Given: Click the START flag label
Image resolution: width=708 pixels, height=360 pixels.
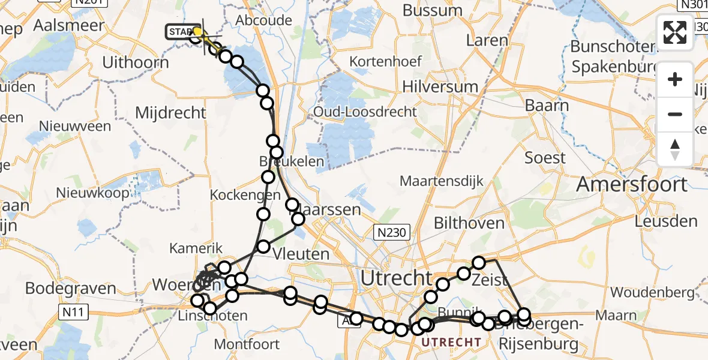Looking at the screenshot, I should pyautogui.click(x=180, y=31).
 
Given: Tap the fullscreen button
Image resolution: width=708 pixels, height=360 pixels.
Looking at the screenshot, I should pyautogui.click(x=675, y=32).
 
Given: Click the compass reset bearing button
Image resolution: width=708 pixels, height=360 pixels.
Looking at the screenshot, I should pyautogui.click(x=675, y=149).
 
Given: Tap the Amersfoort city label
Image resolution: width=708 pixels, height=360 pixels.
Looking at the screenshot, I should pyautogui.click(x=631, y=184).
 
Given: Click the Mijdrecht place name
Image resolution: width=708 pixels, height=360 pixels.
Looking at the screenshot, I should pyautogui.click(x=170, y=112).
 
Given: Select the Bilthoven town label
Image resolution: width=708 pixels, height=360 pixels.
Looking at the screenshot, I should pyautogui.click(x=469, y=223).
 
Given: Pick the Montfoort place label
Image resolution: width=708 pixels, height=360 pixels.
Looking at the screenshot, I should pyautogui.click(x=247, y=344).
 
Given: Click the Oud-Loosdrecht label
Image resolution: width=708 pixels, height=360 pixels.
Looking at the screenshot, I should pyautogui.click(x=365, y=112).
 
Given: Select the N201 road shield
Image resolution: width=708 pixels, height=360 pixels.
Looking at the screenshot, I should pyautogui.click(x=91, y=3).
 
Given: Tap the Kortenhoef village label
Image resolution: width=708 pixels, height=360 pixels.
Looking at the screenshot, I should pyautogui.click(x=386, y=61).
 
